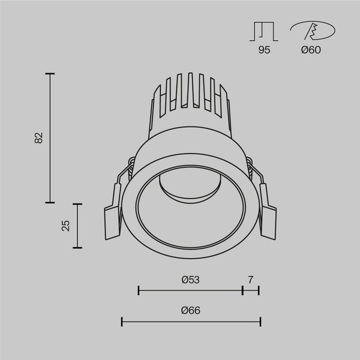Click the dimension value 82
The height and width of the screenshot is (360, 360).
(x=39, y=137)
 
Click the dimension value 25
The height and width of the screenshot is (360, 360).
(x=66, y=225)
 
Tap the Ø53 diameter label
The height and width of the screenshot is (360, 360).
(x=190, y=280)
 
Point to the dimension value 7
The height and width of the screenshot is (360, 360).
(x=250, y=280)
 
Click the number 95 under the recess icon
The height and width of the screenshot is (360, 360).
(x=265, y=50)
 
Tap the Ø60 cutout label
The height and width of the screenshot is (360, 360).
(x=311, y=50)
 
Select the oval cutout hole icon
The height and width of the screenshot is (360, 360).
(x=311, y=31)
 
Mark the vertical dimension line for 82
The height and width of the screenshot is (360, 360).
(x=50, y=137)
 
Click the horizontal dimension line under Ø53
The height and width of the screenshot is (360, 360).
(x=190, y=291)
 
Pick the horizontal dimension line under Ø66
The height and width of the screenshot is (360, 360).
(x=191, y=322)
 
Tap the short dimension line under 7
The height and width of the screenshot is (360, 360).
(x=250, y=291)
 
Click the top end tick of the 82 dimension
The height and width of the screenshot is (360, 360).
(x=50, y=73)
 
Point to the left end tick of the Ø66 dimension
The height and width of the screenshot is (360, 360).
(x=122, y=322)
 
